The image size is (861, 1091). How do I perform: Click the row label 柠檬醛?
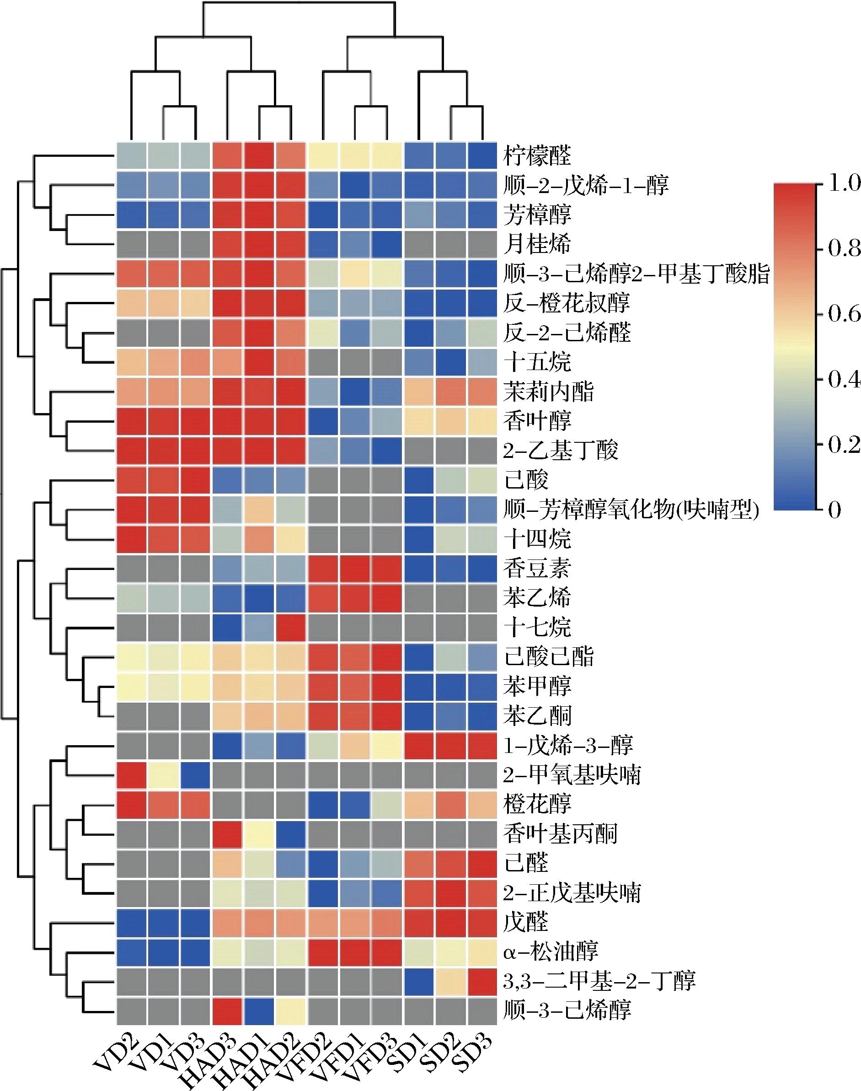tap(537, 156)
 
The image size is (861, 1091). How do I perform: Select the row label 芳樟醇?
tap(537, 215)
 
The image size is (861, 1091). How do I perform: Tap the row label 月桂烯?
tap(537, 244)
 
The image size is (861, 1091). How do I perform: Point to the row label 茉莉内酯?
tap(548, 392)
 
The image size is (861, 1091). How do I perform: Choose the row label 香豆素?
tap(537, 569)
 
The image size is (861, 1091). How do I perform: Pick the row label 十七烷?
tap(537, 628)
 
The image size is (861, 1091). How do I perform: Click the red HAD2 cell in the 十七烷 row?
tap(291, 628)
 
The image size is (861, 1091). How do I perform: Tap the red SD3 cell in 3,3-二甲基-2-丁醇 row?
tap(482, 981)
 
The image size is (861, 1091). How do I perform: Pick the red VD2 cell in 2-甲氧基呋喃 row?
tap(132, 774)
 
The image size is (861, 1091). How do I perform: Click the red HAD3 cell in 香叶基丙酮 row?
tap(227, 833)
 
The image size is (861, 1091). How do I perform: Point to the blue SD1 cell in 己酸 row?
tap(418, 480)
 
